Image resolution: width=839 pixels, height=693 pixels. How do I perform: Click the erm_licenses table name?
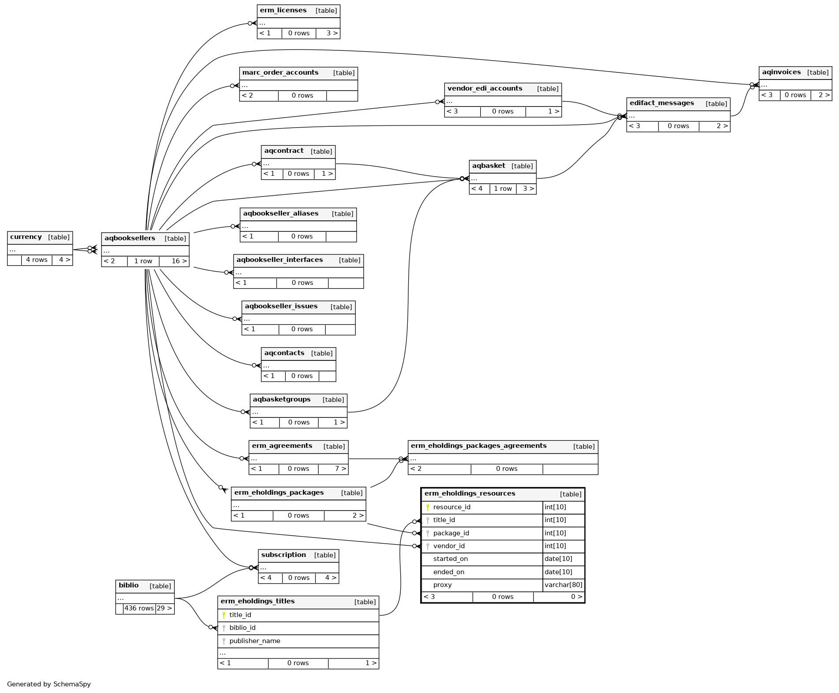(x=283, y=11)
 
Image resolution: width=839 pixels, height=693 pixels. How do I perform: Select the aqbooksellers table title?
(x=130, y=239)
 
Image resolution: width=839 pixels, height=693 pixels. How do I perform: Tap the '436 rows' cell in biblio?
(x=139, y=609)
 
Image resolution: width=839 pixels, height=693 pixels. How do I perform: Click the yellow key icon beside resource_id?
(x=428, y=507)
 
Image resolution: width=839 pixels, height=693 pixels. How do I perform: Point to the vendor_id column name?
(x=449, y=546)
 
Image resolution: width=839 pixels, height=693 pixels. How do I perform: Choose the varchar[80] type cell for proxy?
(x=563, y=585)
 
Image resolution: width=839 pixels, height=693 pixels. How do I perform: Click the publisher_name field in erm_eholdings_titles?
(x=255, y=641)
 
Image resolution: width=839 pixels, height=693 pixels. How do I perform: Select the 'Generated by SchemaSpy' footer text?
(x=49, y=685)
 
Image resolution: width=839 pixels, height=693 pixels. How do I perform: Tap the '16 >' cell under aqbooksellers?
(x=179, y=261)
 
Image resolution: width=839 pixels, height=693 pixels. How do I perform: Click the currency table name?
(x=26, y=237)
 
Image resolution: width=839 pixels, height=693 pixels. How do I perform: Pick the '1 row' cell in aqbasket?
(x=503, y=189)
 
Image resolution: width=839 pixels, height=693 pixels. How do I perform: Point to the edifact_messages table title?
(x=662, y=103)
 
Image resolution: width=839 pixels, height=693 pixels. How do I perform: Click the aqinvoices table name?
(x=781, y=72)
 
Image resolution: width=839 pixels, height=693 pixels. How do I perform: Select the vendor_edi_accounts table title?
(x=485, y=89)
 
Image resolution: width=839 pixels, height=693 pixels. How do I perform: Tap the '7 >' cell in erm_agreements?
(x=340, y=469)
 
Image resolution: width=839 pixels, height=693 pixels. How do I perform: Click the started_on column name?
(x=450, y=559)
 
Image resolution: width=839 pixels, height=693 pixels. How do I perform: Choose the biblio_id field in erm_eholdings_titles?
(x=242, y=628)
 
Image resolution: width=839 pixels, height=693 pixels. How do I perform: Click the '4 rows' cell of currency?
(x=37, y=260)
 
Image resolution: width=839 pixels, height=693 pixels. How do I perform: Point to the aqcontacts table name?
(x=284, y=353)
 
